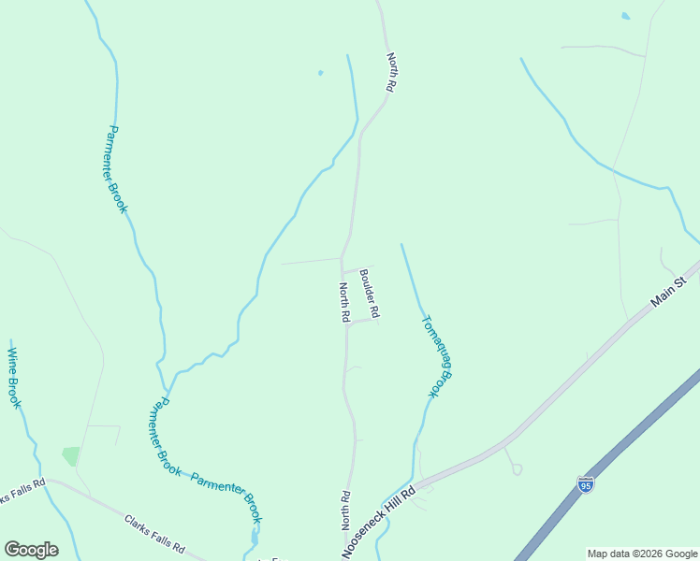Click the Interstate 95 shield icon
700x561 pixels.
pos(585,484)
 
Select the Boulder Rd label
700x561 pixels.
pos(369,293)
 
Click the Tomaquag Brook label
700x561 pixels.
pos(437,356)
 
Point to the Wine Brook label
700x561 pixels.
pos(14,378)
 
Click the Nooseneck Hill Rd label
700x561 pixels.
pos(378,524)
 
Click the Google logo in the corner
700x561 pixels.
pos(31,550)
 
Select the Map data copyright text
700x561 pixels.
pos(641,554)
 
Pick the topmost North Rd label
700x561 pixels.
pos(391,72)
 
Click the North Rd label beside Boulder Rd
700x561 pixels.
pos(344,303)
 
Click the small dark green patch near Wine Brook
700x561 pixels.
pos(71,456)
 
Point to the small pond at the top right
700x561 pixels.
pos(625,16)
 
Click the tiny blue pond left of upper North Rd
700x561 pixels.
pos(320,73)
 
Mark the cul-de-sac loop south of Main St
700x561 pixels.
pos(517,469)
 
